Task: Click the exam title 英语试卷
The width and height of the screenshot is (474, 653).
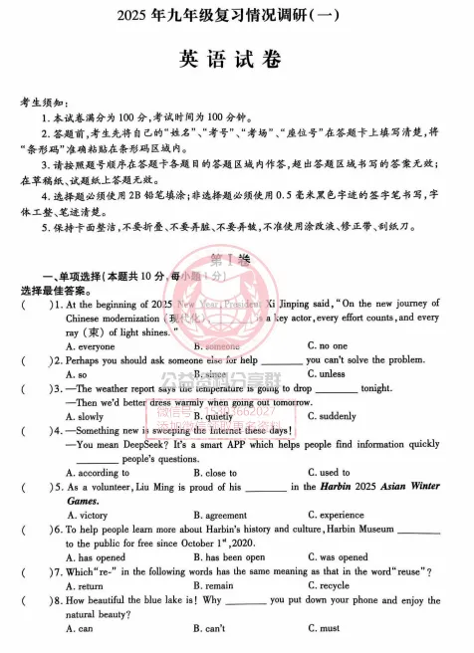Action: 236,59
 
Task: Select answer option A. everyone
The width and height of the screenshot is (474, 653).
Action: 93,345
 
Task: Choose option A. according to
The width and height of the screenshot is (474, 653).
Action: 101,473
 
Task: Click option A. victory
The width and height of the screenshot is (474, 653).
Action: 91,515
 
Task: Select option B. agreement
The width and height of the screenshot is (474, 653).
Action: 222,515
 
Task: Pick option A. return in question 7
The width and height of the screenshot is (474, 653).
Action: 90,585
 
